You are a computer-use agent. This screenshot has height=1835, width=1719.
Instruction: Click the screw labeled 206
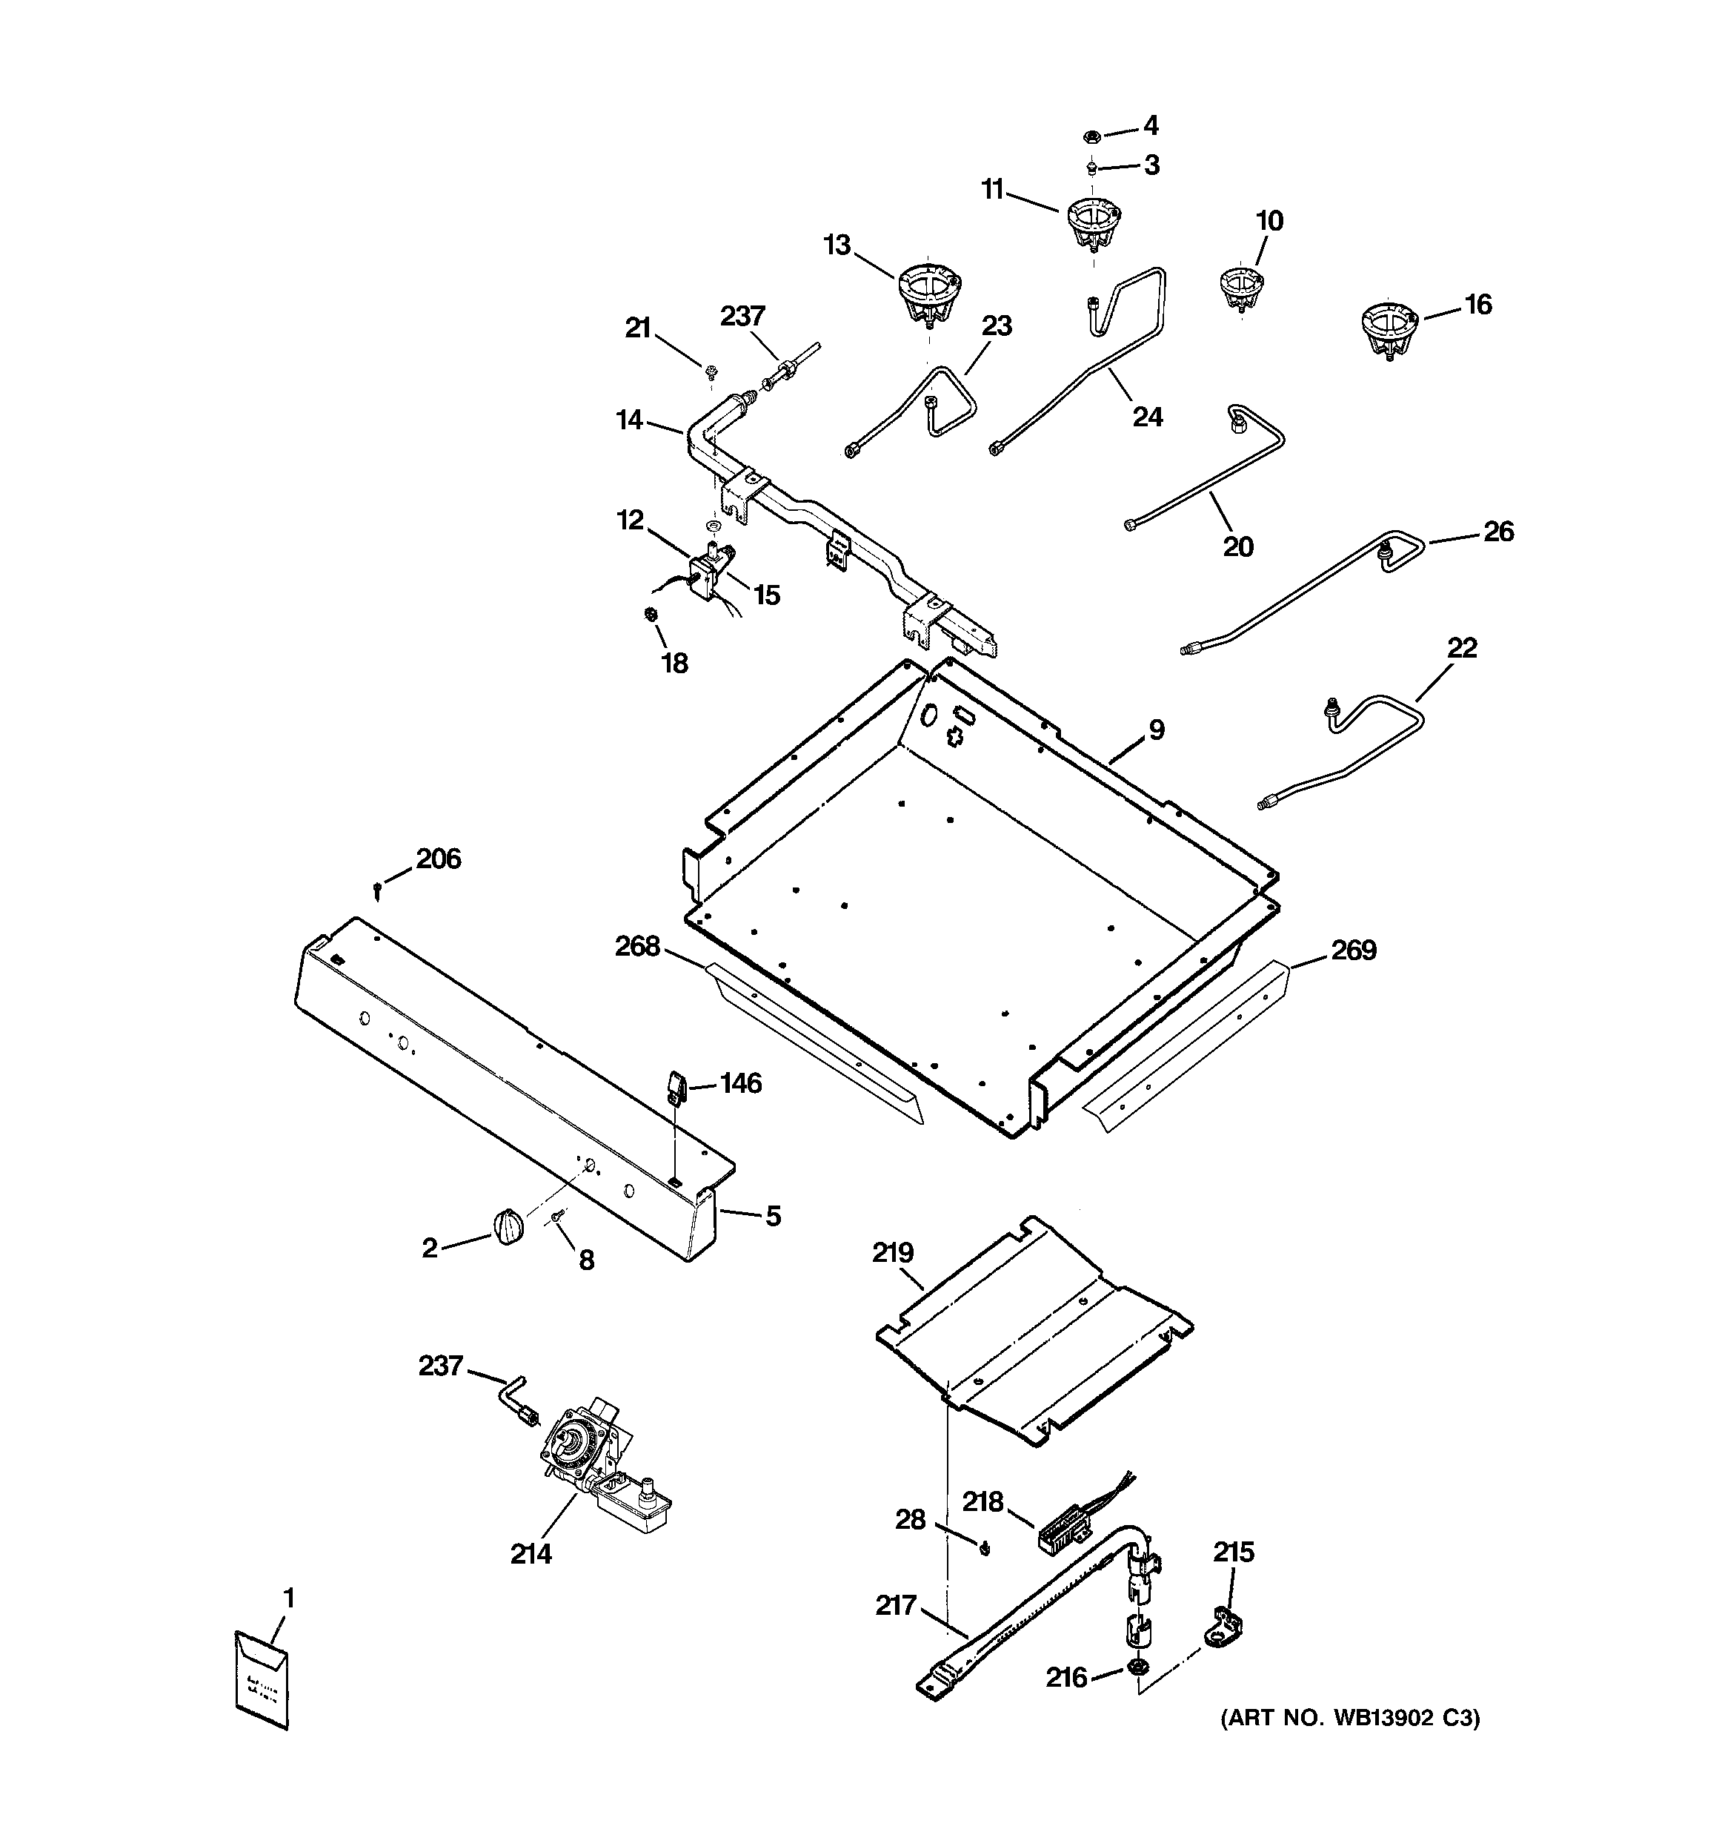coord(377,890)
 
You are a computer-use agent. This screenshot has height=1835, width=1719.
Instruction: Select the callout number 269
coord(1353,950)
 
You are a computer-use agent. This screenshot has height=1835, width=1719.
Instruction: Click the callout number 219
coord(892,1252)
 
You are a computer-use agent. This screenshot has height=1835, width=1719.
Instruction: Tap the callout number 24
coord(1147,417)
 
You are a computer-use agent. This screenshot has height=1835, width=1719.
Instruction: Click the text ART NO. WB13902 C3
coord(1350,1718)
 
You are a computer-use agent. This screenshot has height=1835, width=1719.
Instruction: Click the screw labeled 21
coord(711,372)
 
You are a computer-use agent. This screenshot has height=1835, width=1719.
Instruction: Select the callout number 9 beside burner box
coord(1156,730)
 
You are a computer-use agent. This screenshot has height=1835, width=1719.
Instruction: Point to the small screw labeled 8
coord(557,1220)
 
